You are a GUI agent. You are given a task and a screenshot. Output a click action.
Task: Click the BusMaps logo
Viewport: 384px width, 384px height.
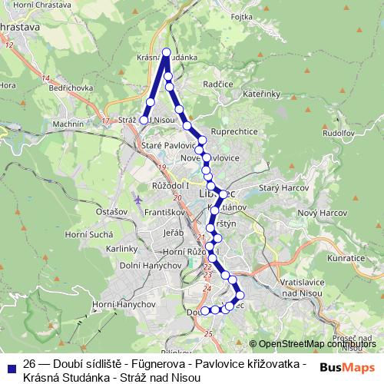pos(347,368)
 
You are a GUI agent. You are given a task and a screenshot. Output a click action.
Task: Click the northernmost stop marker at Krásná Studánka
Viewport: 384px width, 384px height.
pos(166,52)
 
